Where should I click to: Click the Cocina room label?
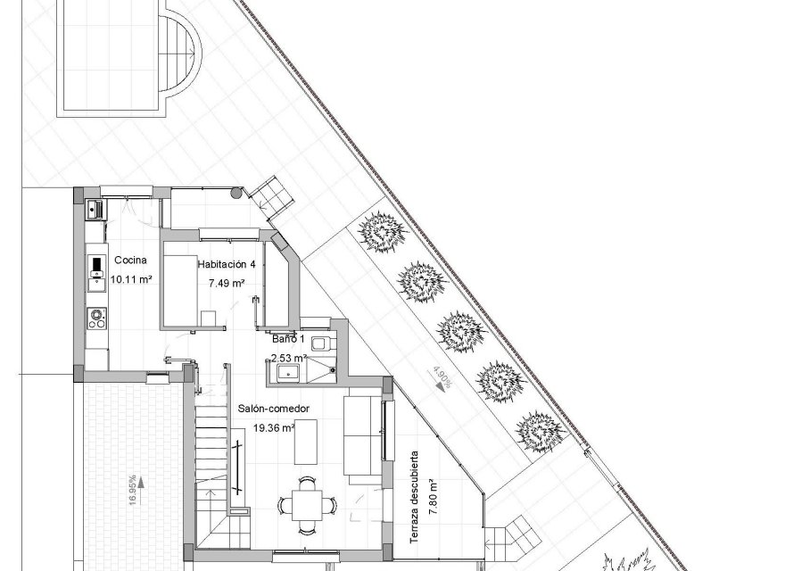[x=131, y=261]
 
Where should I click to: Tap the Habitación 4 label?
[x=227, y=265]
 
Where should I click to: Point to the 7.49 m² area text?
[x=227, y=283]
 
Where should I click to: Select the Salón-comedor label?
[x=274, y=409]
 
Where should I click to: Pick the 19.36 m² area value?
[x=274, y=427]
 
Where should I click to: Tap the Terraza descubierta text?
[x=414, y=497]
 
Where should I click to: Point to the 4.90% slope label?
[x=442, y=378]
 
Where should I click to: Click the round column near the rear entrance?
[x=235, y=191]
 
